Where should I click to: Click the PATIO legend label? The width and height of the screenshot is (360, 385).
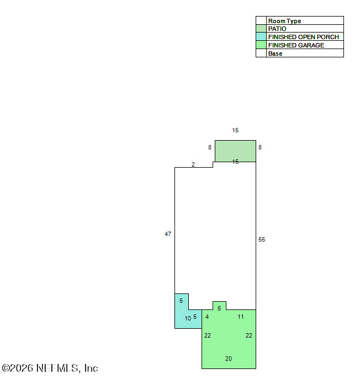tap(277, 29)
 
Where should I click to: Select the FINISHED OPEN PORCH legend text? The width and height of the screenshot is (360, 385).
tap(304, 37)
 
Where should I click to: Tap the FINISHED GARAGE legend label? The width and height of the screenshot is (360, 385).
tap(296, 45)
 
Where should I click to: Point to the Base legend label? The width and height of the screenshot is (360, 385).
tap(275, 54)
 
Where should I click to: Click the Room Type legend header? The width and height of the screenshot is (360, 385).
tap(284, 21)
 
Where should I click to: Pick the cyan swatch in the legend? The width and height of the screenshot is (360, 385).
tap(261, 37)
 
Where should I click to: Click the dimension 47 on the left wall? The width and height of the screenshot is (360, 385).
tap(168, 234)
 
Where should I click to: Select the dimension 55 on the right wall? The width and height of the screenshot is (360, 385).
tap(262, 239)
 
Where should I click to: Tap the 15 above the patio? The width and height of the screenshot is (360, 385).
tap(235, 130)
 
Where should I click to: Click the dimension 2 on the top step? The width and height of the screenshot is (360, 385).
tap(193, 164)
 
